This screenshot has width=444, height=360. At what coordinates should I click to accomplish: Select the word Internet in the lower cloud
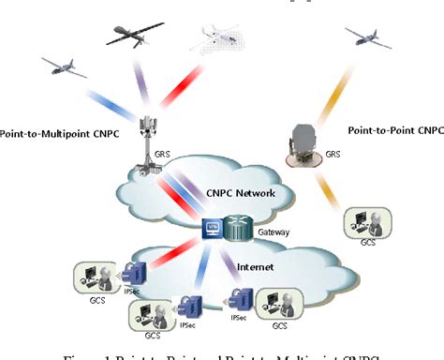click(x=255, y=267)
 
